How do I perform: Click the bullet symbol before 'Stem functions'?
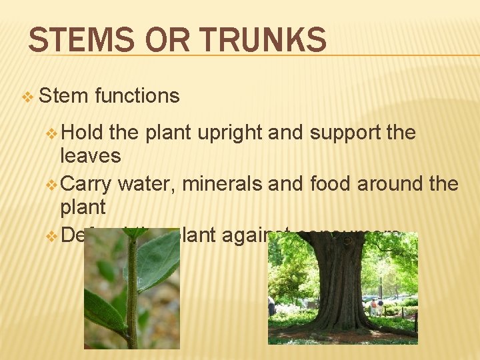tap(27, 97)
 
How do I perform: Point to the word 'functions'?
tap(137, 96)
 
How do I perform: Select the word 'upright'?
tap(231, 133)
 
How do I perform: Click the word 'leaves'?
tap(91, 156)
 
